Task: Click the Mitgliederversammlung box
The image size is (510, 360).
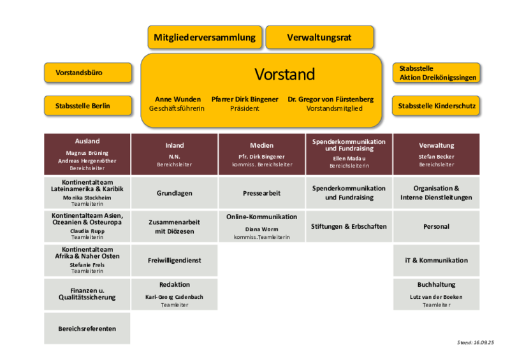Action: click(205, 38)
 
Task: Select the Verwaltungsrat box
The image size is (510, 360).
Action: click(319, 38)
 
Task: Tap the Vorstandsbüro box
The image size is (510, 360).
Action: click(88, 73)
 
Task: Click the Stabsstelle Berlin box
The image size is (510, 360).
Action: click(88, 106)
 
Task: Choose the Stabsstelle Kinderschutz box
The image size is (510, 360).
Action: click(436, 106)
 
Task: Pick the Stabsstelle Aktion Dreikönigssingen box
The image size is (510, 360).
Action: click(436, 73)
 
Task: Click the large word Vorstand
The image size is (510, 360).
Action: click(284, 75)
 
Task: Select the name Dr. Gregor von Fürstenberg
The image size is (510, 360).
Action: click(330, 99)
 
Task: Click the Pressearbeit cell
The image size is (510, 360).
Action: click(262, 193)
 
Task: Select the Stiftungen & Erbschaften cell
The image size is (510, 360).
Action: click(349, 226)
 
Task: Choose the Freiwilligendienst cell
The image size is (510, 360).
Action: click(174, 260)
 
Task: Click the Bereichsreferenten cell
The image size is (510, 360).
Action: click(87, 328)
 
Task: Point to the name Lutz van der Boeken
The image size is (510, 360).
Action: click(436, 297)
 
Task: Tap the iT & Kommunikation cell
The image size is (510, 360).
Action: click(436, 260)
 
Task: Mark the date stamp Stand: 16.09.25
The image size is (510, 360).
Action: click(476, 342)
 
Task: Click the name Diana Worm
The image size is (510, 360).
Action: click(261, 229)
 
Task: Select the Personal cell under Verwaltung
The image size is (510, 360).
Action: click(436, 226)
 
